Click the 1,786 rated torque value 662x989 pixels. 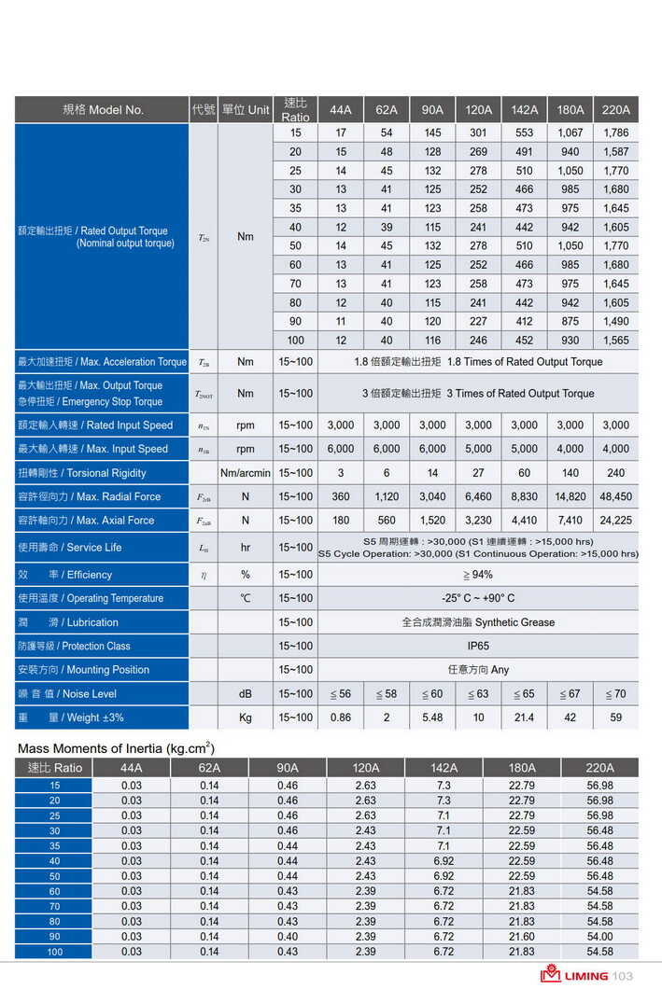click(x=616, y=132)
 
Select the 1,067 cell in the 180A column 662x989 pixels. click(x=570, y=132)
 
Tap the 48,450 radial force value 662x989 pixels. click(x=616, y=496)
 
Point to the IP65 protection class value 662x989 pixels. click(x=478, y=646)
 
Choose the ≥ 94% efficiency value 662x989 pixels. click(x=478, y=575)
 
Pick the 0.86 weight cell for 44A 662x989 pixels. click(x=341, y=717)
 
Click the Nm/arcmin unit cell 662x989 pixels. click(x=246, y=473)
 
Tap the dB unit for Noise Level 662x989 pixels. click(x=246, y=694)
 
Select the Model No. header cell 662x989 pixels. click(x=103, y=110)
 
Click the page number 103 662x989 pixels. click(x=623, y=976)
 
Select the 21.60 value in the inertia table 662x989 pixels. click(x=522, y=936)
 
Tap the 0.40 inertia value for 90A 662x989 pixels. click(x=288, y=936)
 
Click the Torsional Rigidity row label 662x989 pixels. click(x=82, y=473)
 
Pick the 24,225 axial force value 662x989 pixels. click(x=616, y=521)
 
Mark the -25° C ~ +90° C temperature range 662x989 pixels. click(x=478, y=598)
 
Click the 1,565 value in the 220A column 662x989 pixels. click(x=616, y=341)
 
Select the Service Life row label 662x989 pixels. click(x=70, y=548)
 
